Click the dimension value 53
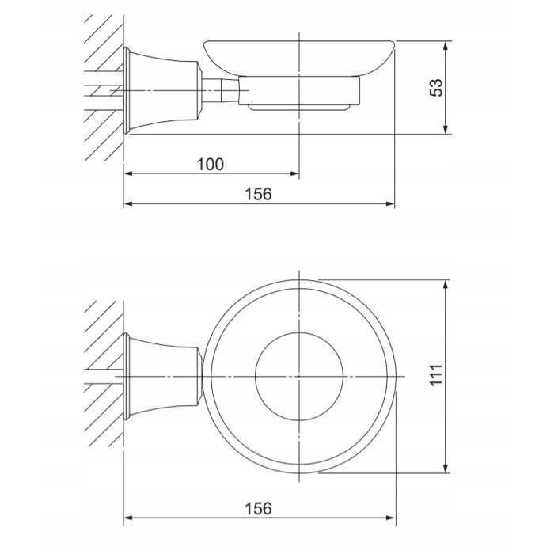tap(436, 87)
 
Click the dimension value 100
tap(211, 165)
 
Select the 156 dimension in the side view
tap(258, 194)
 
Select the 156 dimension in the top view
tap(258, 508)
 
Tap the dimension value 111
tap(437, 375)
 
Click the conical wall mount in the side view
tap(161, 90)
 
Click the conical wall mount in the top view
tap(161, 377)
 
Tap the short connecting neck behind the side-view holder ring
tap(220, 91)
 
